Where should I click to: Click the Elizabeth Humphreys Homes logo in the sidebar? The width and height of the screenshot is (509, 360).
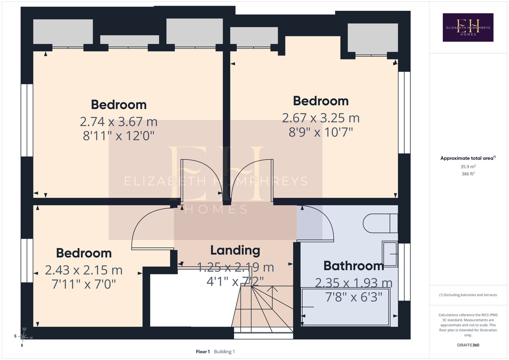click(x=468, y=27)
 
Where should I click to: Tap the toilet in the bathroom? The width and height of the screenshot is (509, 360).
click(x=380, y=223)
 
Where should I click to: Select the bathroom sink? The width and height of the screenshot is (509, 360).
click(x=390, y=254)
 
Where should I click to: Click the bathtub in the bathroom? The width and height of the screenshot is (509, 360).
click(x=345, y=307)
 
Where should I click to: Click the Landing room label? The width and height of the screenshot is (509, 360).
click(x=235, y=251)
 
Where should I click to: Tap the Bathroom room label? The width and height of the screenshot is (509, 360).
click(x=354, y=266)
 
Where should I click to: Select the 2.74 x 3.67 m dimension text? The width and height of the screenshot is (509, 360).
click(x=119, y=122)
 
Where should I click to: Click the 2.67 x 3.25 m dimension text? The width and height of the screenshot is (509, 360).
click(x=321, y=118)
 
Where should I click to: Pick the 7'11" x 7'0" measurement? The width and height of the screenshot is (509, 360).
click(x=84, y=284)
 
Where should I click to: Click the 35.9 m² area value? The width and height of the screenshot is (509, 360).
click(x=468, y=166)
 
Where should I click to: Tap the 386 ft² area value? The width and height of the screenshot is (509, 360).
click(x=468, y=174)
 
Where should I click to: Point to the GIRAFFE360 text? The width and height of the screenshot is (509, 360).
click(x=468, y=345)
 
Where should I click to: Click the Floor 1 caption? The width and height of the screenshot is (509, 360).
click(x=203, y=352)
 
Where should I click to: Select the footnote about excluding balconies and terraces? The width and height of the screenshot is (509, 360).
click(x=468, y=295)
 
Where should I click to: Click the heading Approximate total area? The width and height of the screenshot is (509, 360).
click(x=468, y=158)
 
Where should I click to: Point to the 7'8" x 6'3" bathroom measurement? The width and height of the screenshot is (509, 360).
click(x=354, y=297)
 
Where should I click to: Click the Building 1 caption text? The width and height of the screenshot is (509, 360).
click(x=224, y=352)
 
